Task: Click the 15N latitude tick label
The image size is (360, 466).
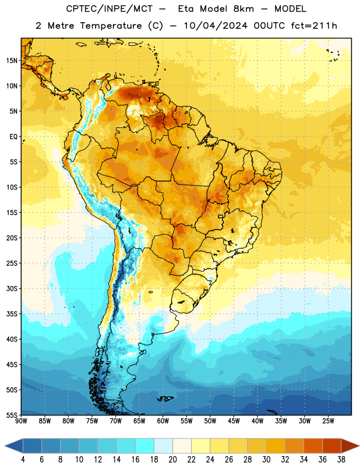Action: (x=12, y=61)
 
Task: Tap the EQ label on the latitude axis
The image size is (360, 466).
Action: (x=13, y=137)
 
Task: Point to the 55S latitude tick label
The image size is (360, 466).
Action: (x=12, y=415)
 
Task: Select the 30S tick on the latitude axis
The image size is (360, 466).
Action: (x=12, y=288)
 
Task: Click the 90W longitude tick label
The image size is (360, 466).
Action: (x=21, y=421)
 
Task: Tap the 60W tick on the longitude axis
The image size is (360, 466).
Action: (x=163, y=421)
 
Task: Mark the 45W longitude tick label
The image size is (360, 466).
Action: (x=234, y=421)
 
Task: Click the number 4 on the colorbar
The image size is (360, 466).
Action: (x=23, y=460)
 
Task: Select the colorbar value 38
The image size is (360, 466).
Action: (x=341, y=460)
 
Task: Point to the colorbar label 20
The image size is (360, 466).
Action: (x=172, y=460)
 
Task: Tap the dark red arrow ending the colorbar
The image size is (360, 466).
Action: (x=350, y=446)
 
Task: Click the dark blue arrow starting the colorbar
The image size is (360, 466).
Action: (x=14, y=446)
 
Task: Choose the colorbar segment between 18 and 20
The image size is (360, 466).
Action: (x=164, y=446)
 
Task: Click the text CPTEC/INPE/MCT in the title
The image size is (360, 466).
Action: (x=109, y=9)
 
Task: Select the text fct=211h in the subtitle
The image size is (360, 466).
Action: (x=314, y=26)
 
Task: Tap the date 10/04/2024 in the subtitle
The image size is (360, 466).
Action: (x=216, y=26)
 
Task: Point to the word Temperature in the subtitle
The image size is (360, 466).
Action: (x=111, y=26)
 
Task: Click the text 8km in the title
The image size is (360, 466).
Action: (x=243, y=9)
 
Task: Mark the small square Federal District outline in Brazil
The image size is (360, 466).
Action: (x=221, y=216)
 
